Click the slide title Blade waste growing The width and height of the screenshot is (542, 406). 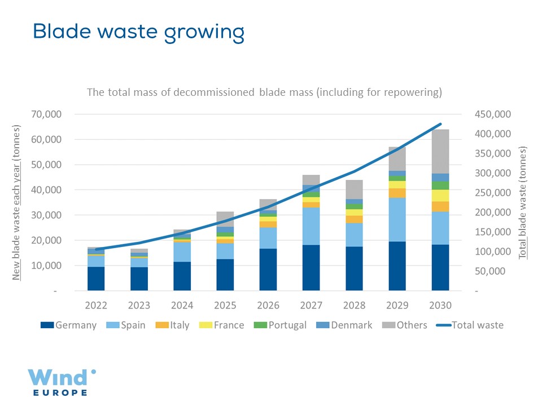click(x=138, y=32)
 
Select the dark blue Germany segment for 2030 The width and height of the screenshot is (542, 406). click(x=440, y=267)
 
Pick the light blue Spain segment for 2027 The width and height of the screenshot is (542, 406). click(x=311, y=226)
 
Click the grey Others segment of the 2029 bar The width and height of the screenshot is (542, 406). click(x=397, y=158)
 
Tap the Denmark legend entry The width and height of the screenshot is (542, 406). click(x=345, y=325)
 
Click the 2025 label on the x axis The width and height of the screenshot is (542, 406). click(x=225, y=305)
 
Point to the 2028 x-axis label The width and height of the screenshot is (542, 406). click(x=355, y=305)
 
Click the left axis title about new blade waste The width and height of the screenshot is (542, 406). click(x=17, y=202)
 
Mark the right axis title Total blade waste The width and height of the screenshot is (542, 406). click(x=523, y=202)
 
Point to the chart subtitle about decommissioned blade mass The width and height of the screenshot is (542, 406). click(x=264, y=92)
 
